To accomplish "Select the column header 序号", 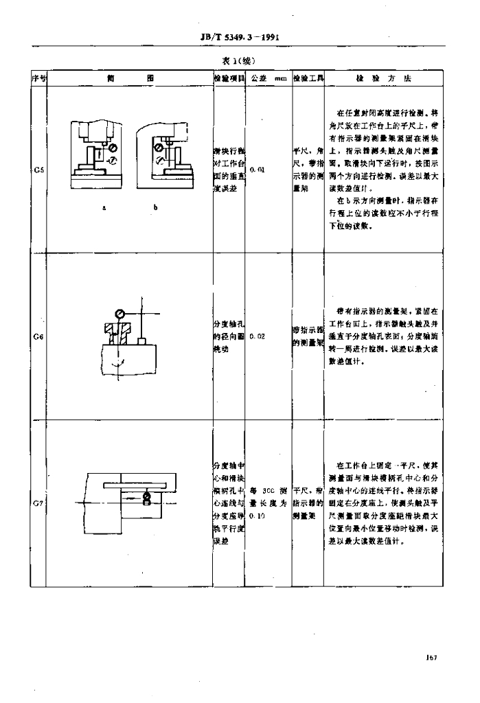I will point(38,78).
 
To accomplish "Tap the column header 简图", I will point(129,78).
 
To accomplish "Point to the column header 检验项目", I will point(229,78).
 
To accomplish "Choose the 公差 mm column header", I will point(268,78).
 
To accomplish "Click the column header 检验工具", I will point(308,78).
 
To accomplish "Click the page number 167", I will point(431,658).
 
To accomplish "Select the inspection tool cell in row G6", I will point(308,336).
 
